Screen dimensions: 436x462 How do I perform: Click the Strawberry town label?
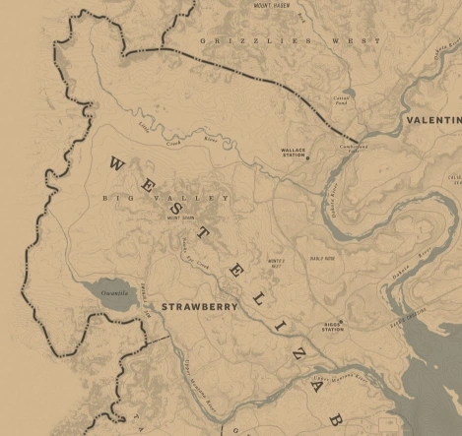tap(199, 307)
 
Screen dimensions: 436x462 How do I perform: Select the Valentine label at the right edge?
tap(433, 120)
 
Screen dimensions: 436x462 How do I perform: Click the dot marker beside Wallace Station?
tap(307, 157)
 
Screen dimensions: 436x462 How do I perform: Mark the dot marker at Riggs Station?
tap(325, 322)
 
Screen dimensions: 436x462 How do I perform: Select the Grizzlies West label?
tap(290, 40)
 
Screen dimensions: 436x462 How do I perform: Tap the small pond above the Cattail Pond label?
tap(350, 93)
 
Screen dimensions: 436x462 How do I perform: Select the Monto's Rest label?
tap(276, 262)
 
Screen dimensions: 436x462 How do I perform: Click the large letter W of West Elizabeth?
tap(116, 165)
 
